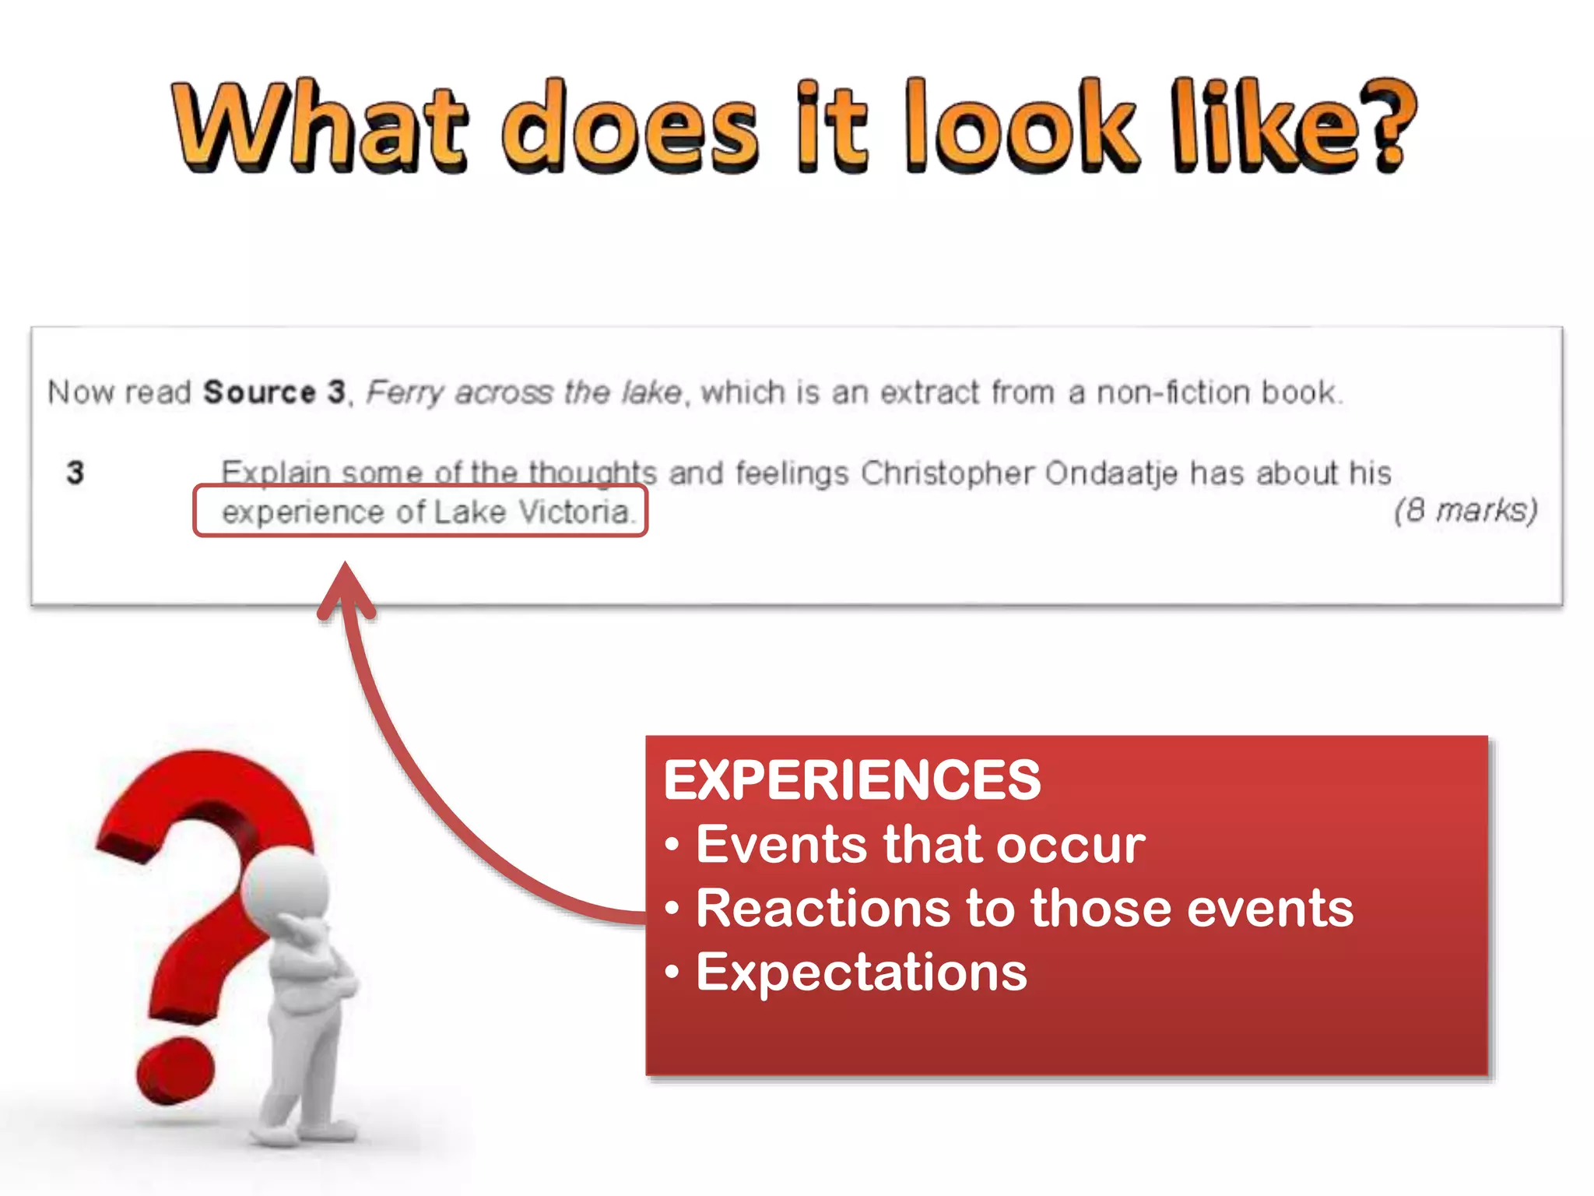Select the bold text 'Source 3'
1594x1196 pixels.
pyautogui.click(x=273, y=392)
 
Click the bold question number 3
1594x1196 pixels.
pyautogui.click(x=75, y=473)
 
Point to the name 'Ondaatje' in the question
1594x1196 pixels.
pyautogui.click(x=1111, y=473)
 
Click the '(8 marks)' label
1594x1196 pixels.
pyautogui.click(x=1465, y=511)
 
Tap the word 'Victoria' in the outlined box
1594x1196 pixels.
pyautogui.click(x=574, y=512)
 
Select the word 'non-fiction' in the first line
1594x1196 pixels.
pyautogui.click(x=1173, y=392)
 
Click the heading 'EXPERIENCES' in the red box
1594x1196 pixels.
pyautogui.click(x=851, y=779)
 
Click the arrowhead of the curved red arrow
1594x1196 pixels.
pyautogui.click(x=346, y=588)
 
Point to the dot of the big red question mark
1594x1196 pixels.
pyautogui.click(x=174, y=1070)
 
